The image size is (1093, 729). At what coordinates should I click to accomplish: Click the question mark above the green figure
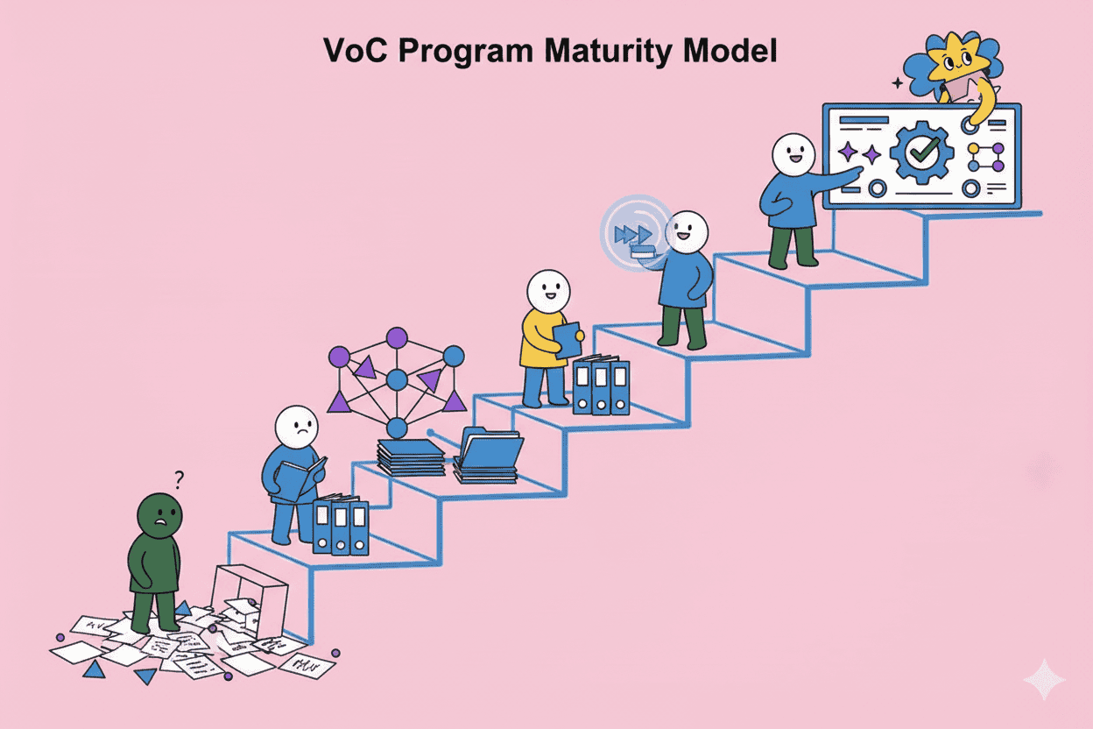(x=179, y=478)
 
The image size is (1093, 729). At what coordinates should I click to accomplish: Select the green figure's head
(x=160, y=516)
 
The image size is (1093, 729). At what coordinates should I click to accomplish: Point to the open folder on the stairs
(x=488, y=451)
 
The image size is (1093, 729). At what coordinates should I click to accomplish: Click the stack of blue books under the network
(x=410, y=457)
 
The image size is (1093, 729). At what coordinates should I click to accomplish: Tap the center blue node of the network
(x=397, y=380)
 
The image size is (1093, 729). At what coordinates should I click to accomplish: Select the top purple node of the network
(x=397, y=336)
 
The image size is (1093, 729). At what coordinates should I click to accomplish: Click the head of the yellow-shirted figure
(x=548, y=292)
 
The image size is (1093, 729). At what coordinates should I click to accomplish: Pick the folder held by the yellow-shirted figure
(x=568, y=340)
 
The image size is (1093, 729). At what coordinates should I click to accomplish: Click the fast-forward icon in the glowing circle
(x=632, y=235)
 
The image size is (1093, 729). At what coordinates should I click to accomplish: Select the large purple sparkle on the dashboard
(x=848, y=152)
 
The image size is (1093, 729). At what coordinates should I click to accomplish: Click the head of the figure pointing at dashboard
(x=793, y=155)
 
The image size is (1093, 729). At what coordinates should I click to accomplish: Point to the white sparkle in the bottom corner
(x=1044, y=680)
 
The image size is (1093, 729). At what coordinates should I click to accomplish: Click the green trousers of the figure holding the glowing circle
(x=683, y=326)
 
